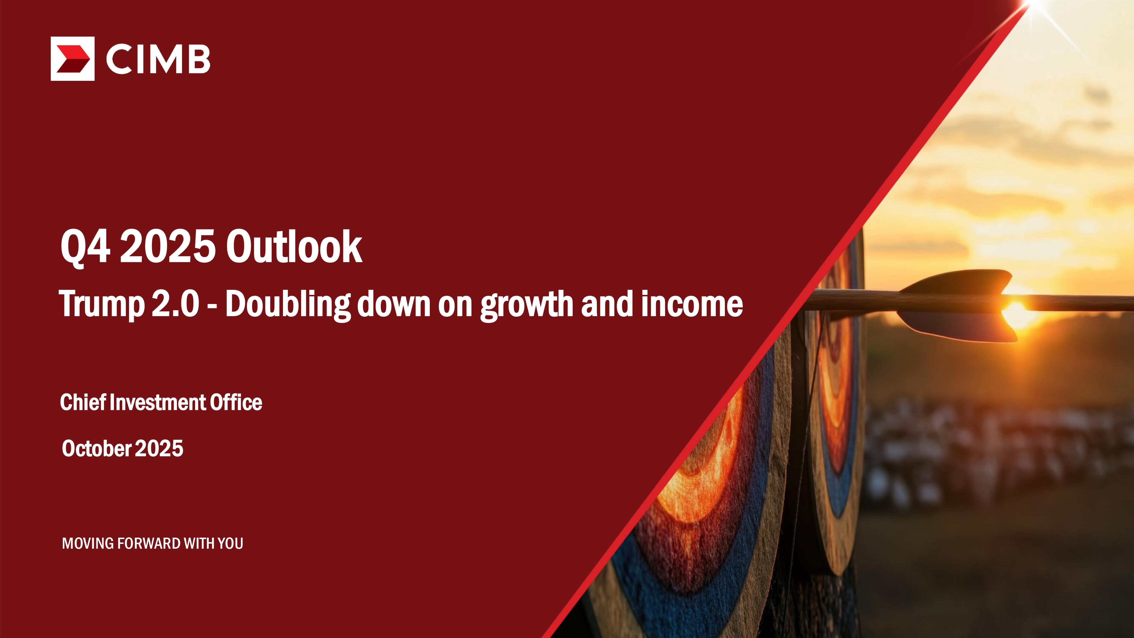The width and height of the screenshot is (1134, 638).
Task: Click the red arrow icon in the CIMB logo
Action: (x=73, y=59)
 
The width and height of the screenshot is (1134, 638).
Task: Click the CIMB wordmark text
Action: (x=158, y=59)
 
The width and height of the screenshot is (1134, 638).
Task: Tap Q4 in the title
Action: (x=85, y=247)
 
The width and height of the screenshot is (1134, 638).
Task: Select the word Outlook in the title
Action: (x=294, y=247)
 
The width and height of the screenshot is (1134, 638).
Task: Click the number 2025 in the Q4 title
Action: (x=168, y=247)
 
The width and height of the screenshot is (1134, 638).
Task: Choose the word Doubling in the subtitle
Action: (x=288, y=305)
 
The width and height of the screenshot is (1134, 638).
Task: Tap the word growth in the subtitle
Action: (x=526, y=305)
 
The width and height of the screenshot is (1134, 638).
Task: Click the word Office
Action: (x=236, y=402)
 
